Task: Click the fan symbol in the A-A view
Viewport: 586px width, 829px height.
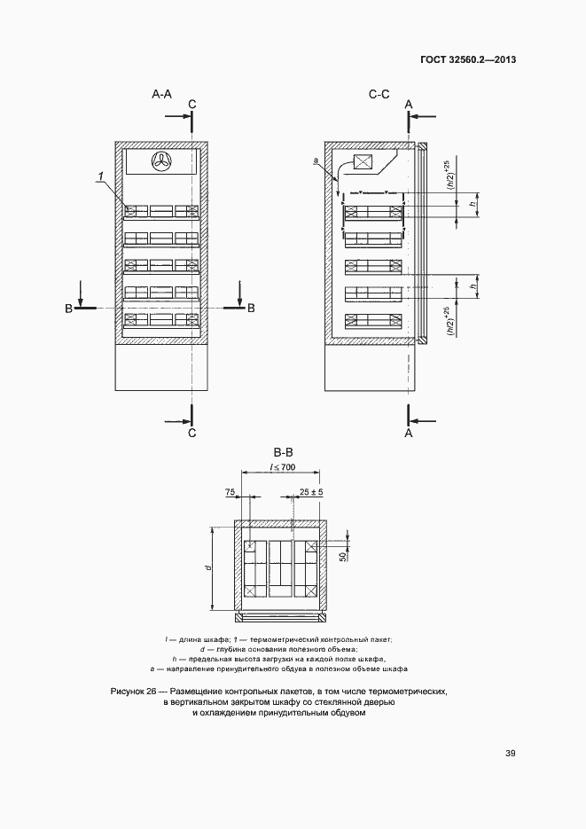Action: [x=163, y=161]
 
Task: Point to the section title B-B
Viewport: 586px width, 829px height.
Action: [x=284, y=452]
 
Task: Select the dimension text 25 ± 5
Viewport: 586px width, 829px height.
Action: [x=309, y=491]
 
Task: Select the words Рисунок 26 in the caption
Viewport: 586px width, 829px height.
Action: [x=134, y=690]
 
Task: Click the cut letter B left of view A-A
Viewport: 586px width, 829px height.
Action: [x=67, y=308]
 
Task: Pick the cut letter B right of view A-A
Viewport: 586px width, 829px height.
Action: [x=251, y=308]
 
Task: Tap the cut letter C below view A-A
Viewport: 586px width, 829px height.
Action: [x=191, y=433]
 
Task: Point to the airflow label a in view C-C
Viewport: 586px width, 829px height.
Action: [x=316, y=160]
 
